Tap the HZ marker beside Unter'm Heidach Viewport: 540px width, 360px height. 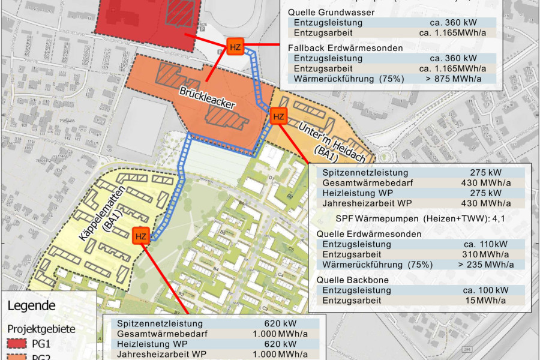278,116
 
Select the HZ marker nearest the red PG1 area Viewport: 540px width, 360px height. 235,47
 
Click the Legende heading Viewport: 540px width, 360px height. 31,306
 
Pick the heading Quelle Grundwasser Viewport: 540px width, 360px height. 331,11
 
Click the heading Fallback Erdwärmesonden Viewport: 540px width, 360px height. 347,48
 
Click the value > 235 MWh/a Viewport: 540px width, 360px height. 485,264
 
